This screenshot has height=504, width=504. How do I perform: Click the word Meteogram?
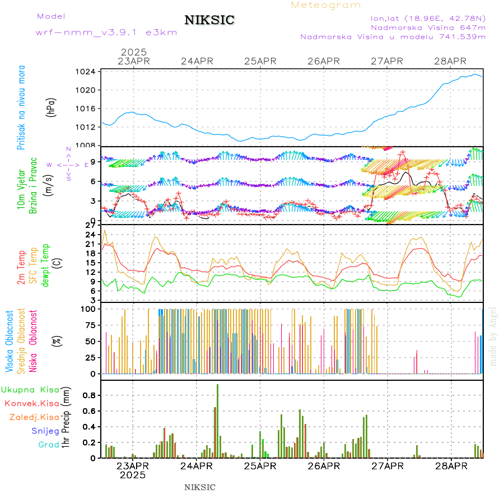[326, 5]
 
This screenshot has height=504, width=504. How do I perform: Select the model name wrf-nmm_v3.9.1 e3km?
[106, 32]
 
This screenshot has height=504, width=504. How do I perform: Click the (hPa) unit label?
[52, 106]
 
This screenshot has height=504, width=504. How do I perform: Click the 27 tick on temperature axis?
[89, 225]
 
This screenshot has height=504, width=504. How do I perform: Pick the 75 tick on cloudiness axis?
[89, 324]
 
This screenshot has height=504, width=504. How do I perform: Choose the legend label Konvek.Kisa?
[31, 403]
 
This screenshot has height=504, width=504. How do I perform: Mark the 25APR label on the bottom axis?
[260, 465]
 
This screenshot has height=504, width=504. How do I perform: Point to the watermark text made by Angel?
[493, 336]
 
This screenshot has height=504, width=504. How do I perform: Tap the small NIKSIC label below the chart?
[200, 487]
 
